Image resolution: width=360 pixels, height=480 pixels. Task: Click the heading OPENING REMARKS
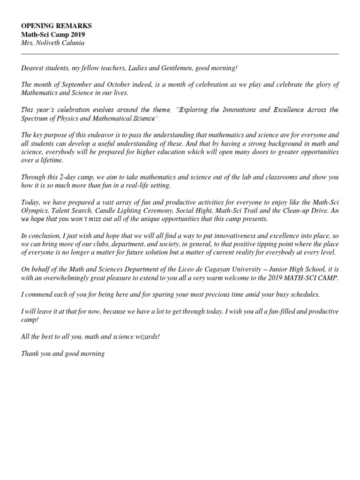click(56, 26)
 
